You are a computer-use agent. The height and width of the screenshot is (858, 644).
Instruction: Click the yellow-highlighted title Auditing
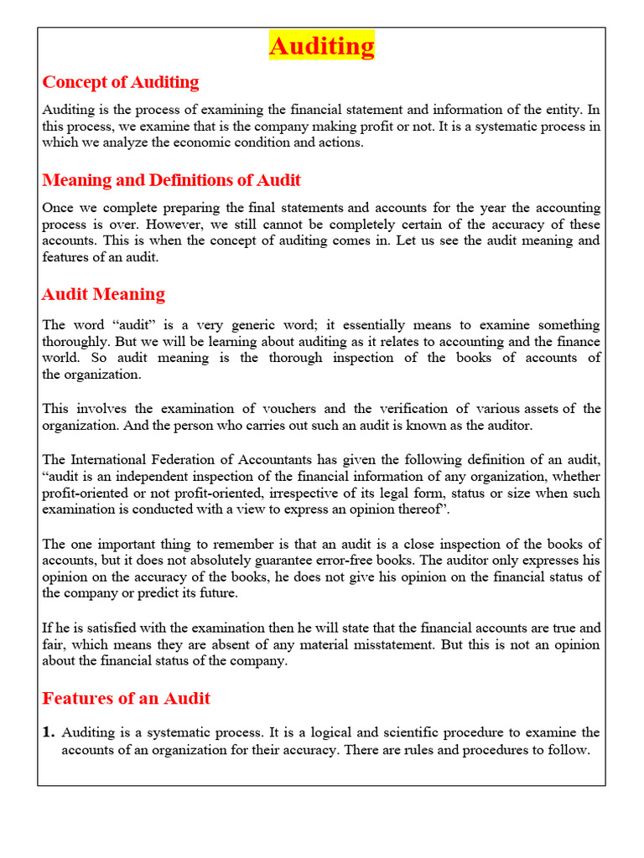[322, 45]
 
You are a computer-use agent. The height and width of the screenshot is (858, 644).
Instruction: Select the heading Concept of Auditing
[121, 82]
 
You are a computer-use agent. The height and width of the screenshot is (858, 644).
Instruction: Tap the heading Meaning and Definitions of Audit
[171, 180]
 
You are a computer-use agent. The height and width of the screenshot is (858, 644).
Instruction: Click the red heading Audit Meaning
[103, 294]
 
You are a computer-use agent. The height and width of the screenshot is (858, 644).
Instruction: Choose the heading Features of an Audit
[126, 698]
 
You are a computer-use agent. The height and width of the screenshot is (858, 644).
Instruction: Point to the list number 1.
[48, 732]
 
